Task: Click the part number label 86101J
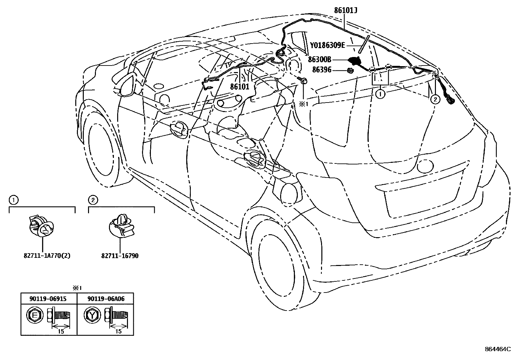coord(345,10)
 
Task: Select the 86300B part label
coord(319,60)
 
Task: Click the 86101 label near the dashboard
coord(240,87)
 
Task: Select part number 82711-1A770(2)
coord(43,256)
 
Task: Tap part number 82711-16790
coord(120,256)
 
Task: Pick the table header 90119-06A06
coord(106,299)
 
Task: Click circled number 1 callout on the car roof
coord(380,94)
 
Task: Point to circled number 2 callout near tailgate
coord(435,99)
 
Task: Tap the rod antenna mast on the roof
coord(364,44)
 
